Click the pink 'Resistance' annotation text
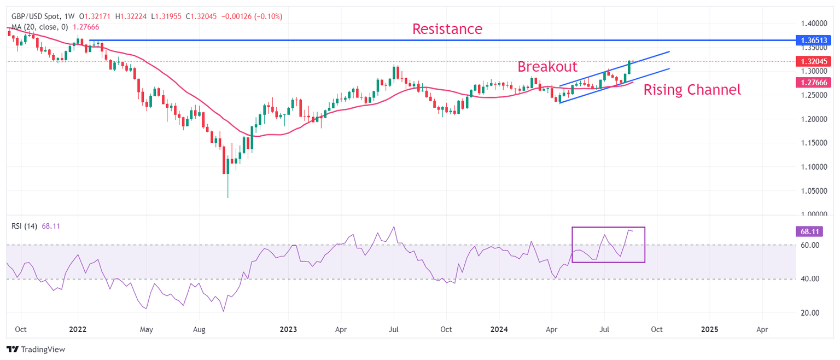pos(447,29)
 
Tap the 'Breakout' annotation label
pos(547,67)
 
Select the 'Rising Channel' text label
pos(692,90)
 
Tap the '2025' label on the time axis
pos(709,330)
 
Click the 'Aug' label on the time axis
pos(199,330)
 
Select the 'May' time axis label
pos(145,330)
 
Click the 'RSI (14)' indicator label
pos(24,227)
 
